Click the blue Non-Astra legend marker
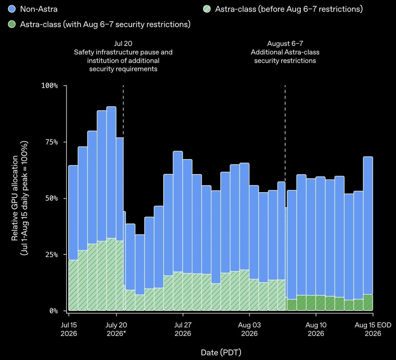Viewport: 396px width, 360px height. [x=12, y=9]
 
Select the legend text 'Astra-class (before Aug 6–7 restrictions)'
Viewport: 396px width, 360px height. [x=289, y=9]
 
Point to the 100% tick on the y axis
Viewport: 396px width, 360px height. [x=49, y=85]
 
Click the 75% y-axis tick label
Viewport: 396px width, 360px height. [x=52, y=142]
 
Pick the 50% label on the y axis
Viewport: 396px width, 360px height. [x=52, y=198]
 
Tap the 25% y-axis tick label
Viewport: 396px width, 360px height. [x=52, y=254]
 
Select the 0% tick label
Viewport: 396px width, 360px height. [x=54, y=311]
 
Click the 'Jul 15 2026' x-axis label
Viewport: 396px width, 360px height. [x=69, y=329]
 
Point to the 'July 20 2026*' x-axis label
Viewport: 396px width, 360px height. [x=116, y=329]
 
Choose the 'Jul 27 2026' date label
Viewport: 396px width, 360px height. [x=183, y=329]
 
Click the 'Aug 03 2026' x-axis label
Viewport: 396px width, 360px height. [x=249, y=329]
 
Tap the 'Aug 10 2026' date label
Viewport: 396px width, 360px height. [x=316, y=329]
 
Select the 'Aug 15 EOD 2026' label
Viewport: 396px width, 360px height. [x=373, y=329]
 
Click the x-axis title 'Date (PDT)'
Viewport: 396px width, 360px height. [x=221, y=352]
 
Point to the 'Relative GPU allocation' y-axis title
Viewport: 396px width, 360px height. [x=15, y=198]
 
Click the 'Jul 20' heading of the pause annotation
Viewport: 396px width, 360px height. [x=123, y=43]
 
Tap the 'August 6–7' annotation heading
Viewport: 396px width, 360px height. [x=285, y=44]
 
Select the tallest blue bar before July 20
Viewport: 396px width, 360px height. [x=111, y=173]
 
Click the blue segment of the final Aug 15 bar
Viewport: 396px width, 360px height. [x=368, y=226]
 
